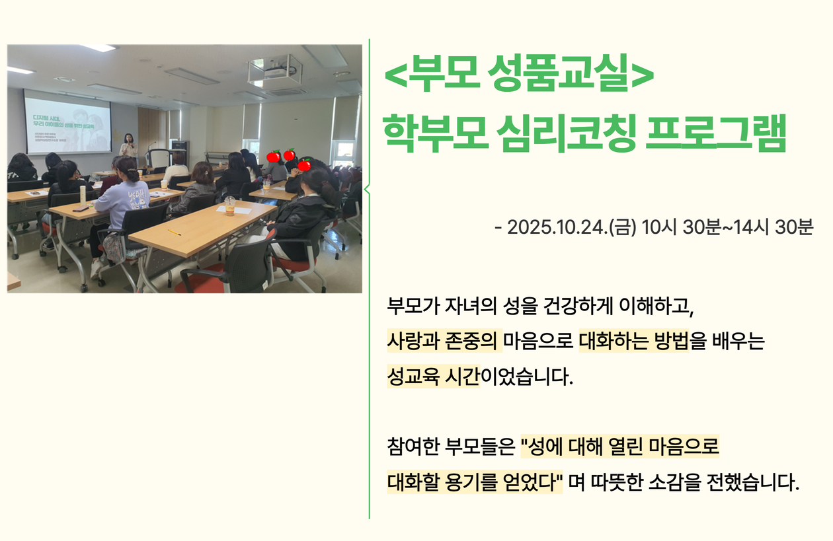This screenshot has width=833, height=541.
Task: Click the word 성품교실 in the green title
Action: coord(560,73)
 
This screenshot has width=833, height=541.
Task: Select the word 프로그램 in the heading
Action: coord(716,133)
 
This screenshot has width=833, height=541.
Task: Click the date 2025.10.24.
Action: coord(557,227)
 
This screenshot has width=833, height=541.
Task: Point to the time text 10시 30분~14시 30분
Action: coord(728,227)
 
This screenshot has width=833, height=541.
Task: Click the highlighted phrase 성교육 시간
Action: coord(433,377)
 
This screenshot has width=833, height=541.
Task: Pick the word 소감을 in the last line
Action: coord(675,482)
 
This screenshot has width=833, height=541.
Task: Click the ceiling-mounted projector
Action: coord(276,70)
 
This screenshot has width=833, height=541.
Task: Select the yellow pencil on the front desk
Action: coord(174,233)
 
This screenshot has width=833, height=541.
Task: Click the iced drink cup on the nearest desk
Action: coord(230,205)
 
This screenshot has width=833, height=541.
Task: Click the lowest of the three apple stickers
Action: coord(305,164)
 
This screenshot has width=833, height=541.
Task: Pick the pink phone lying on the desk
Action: coord(81,209)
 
